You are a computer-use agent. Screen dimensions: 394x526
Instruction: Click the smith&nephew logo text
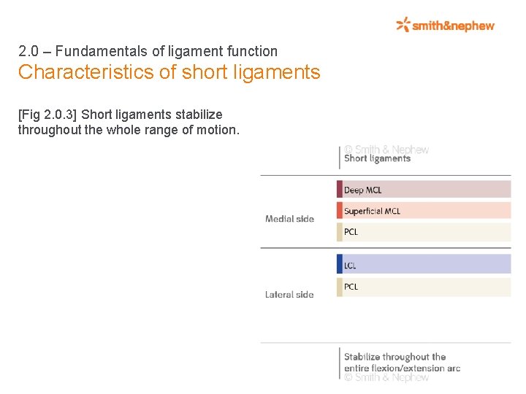[453, 26]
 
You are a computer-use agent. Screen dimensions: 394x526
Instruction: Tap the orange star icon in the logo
[403, 25]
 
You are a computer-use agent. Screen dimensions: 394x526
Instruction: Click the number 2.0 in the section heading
[28, 52]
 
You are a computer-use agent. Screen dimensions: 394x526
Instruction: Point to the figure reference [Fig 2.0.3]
[47, 115]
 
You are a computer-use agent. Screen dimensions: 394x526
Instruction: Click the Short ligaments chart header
[377, 158]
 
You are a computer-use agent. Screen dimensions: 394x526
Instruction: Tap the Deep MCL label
[363, 190]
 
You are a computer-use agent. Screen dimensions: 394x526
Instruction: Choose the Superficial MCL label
[372, 211]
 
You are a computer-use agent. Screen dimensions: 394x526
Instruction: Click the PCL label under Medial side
[351, 232]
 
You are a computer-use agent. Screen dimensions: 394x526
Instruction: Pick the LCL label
[351, 266]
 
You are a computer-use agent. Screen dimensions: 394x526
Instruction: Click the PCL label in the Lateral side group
[351, 287]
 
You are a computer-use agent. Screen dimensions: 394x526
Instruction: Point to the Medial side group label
[289, 219]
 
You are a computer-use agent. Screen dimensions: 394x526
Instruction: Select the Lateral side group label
[289, 295]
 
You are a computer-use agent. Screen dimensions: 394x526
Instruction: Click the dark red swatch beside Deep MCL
[340, 190]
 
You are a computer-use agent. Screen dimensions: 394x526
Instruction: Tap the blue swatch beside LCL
[340, 264]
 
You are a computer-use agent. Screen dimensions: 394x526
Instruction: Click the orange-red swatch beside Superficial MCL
[340, 210]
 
